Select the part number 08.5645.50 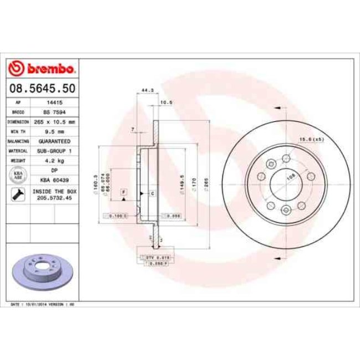[x=43, y=88]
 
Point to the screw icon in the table [x=19, y=194]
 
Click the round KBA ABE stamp [x=19, y=176]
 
